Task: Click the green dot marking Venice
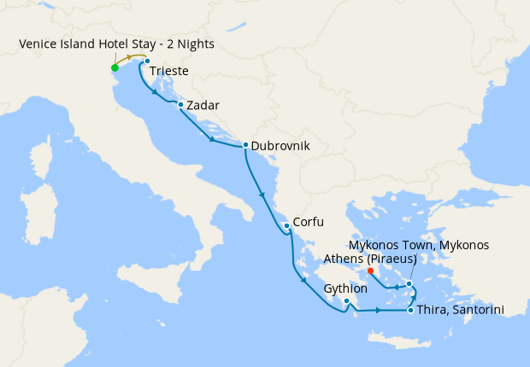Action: pyautogui.click(x=115, y=68)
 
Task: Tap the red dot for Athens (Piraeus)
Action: pyautogui.click(x=370, y=272)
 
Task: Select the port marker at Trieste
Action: pyautogui.click(x=147, y=61)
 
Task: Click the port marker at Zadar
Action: pyautogui.click(x=181, y=106)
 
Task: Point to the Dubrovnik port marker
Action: pyautogui.click(x=245, y=145)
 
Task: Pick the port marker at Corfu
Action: pyautogui.click(x=286, y=225)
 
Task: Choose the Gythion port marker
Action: pyautogui.click(x=346, y=300)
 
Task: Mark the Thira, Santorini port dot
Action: pyautogui.click(x=412, y=310)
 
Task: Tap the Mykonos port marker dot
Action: pyautogui.click(x=409, y=283)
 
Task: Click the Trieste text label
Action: pyautogui.click(x=169, y=73)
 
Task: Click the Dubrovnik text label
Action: pyautogui.click(x=280, y=146)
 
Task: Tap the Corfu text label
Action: pyautogui.click(x=307, y=223)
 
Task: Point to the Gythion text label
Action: pyautogui.click(x=345, y=289)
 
